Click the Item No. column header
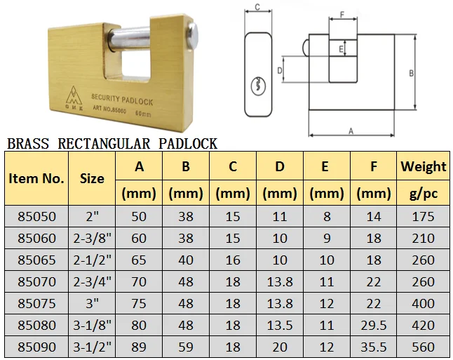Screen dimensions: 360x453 pos(36,178)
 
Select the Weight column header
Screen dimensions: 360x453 pos(423,166)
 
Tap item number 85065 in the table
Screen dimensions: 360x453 pos(36,260)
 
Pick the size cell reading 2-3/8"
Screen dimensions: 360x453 pos(92,239)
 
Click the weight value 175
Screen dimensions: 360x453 pos(423,217)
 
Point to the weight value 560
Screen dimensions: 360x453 pos(423,347)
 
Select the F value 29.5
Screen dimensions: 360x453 pos(374,325)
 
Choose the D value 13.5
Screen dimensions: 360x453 pos(280,325)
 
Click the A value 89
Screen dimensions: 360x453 pos(139,347)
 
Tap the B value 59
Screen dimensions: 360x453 pos(186,347)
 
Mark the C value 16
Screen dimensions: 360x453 pos(233,260)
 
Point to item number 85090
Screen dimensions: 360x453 pos(36,347)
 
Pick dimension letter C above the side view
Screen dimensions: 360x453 pos(257,7)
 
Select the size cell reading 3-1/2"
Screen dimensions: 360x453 pos(92,347)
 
